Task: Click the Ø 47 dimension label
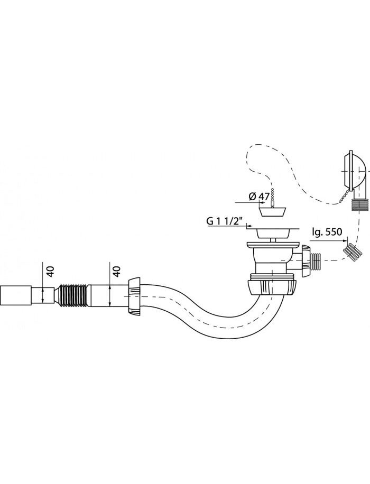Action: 259,197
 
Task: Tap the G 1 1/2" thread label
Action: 224,221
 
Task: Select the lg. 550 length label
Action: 327,231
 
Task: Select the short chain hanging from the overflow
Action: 346,197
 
